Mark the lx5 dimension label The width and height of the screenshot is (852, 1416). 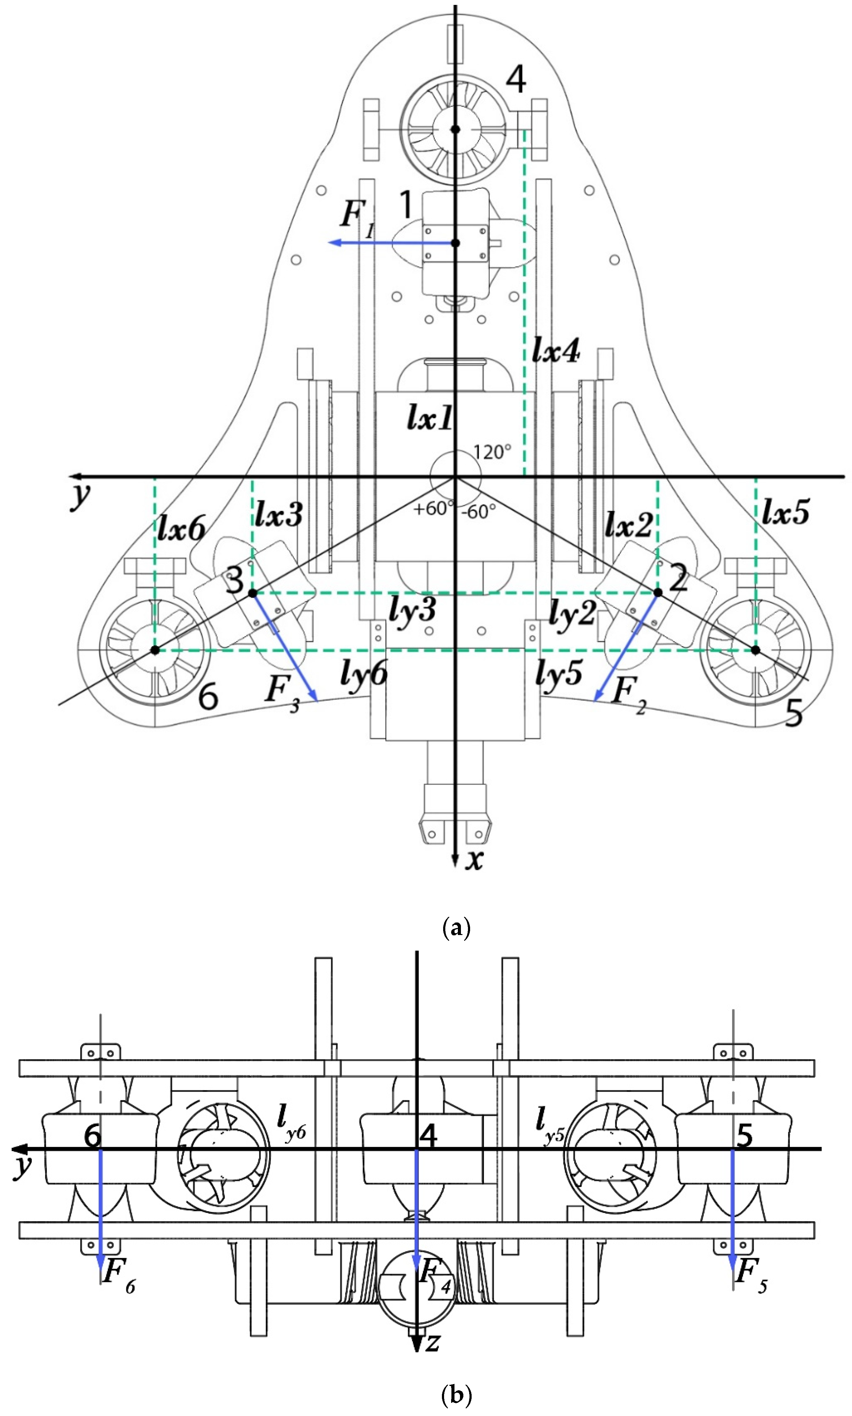tap(786, 511)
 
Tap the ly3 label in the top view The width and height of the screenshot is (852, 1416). tap(412, 610)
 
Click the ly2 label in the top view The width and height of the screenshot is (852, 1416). tap(572, 613)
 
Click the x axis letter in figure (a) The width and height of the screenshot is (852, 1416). tap(474, 859)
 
